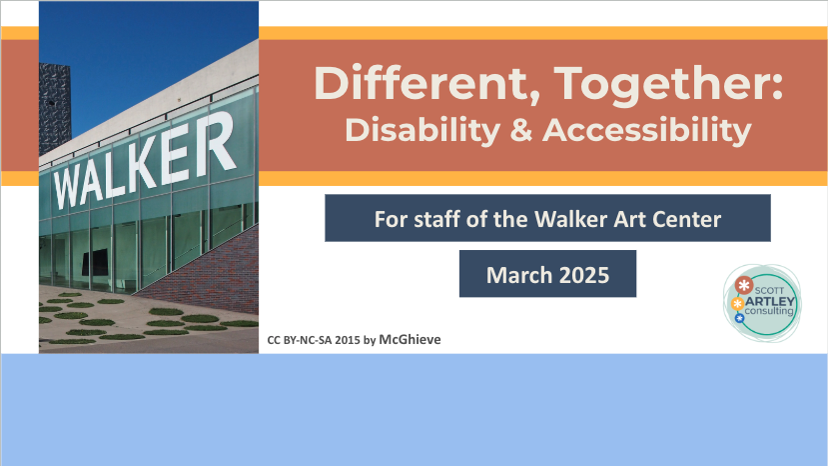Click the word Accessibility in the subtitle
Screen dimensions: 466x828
646,130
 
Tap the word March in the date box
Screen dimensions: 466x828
513,274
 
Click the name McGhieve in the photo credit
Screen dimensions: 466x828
410,340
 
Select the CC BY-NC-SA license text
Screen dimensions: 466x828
300,340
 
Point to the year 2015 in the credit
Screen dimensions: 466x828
348,340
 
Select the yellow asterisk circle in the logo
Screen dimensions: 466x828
738,302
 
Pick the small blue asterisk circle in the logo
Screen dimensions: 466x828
740,318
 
